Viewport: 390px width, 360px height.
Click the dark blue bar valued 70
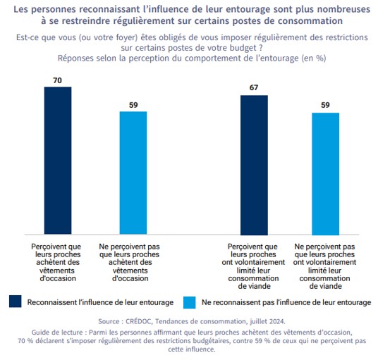coord(58,161)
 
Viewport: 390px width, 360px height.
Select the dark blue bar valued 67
coord(254,165)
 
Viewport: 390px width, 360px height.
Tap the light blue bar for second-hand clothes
coord(133,173)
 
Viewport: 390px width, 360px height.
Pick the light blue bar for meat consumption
coord(325,174)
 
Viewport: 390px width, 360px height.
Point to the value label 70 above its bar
coord(57,80)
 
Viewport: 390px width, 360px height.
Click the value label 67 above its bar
coord(254,87)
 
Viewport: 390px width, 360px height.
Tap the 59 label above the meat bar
coord(325,105)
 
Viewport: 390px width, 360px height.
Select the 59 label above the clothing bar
coord(133,105)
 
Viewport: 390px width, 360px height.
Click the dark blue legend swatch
coord(16,302)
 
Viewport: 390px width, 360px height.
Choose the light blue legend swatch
coord(189,302)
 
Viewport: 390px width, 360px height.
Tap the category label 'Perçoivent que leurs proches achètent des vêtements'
coord(56,262)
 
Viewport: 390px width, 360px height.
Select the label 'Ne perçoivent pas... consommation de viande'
coord(324,266)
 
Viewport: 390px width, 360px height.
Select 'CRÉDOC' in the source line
coord(140,321)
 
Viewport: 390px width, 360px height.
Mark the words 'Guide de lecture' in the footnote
coord(57,333)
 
